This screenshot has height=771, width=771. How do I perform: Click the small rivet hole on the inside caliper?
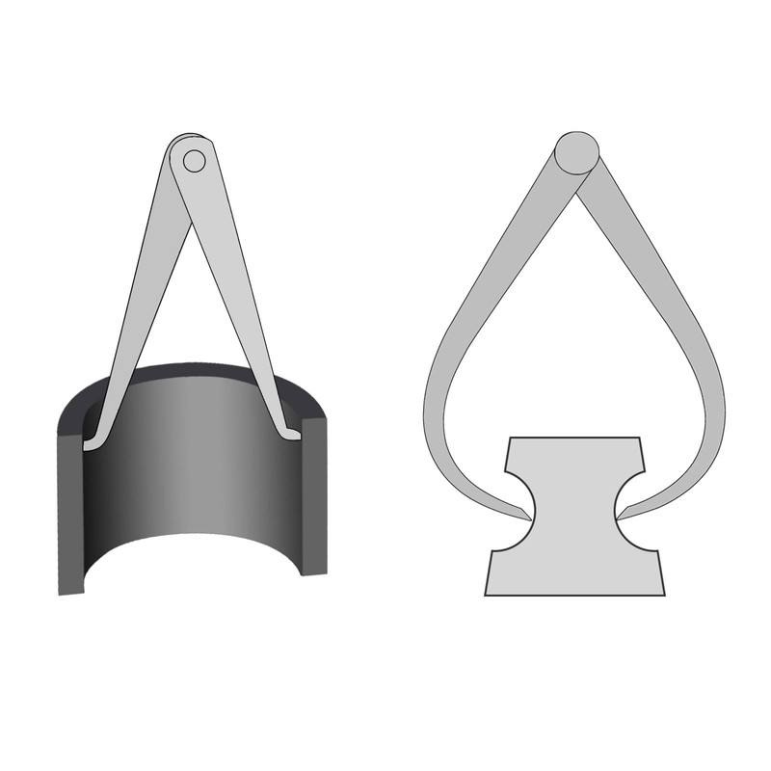pos(194,161)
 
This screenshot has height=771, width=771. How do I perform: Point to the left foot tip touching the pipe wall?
pos(89,446)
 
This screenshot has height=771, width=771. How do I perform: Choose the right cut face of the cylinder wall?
pos(314,496)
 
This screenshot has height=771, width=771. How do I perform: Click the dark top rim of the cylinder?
pos(193,370)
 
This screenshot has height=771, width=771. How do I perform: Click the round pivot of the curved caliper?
pos(577,152)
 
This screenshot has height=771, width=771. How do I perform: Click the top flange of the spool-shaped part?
pos(574,453)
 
